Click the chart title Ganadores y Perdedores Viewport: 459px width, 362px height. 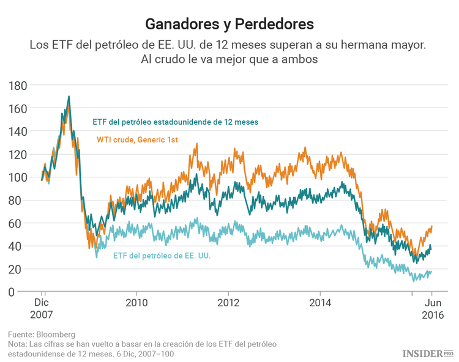pyautogui.click(x=229, y=24)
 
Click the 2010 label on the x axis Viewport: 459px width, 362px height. pyautogui.click(x=136, y=303)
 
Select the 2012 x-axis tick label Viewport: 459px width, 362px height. pyautogui.click(x=228, y=303)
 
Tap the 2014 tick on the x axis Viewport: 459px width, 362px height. pyautogui.click(x=319, y=303)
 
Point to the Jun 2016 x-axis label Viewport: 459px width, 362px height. pyautogui.click(x=432, y=309)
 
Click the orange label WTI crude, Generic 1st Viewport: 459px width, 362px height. pyautogui.click(x=137, y=140)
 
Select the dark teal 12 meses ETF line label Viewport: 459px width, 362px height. pyautogui.click(x=175, y=122)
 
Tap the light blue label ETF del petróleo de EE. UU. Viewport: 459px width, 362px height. pyautogui.click(x=162, y=256)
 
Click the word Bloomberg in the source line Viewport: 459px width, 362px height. pyautogui.click(x=56, y=334)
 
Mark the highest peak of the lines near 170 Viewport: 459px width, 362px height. pyautogui.click(x=69, y=96)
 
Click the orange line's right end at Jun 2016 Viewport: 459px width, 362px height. pyautogui.click(x=431, y=226)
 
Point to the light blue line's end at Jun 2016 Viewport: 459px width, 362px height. pyautogui.click(x=431, y=271)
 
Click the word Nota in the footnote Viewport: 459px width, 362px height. pyautogui.click(x=17, y=344)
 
